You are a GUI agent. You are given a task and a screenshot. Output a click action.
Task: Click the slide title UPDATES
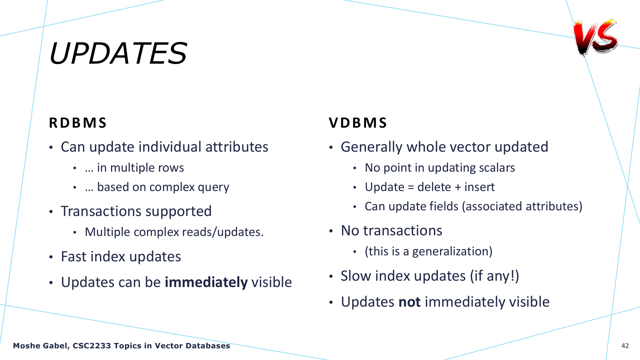click(118, 53)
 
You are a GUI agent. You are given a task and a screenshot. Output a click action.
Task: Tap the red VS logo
click(595, 37)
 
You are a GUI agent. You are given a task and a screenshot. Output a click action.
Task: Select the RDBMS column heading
click(78, 123)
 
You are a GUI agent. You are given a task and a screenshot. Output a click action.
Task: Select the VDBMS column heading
click(358, 123)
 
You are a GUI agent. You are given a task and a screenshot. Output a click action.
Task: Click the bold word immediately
click(206, 282)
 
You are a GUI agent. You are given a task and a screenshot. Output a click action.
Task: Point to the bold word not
click(409, 302)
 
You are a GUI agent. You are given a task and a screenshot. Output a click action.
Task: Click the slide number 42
click(625, 346)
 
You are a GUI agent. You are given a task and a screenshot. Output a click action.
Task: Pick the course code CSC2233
click(92, 346)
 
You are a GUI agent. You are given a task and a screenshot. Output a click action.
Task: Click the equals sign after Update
click(411, 187)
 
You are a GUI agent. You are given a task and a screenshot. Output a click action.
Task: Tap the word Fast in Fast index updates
click(74, 257)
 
